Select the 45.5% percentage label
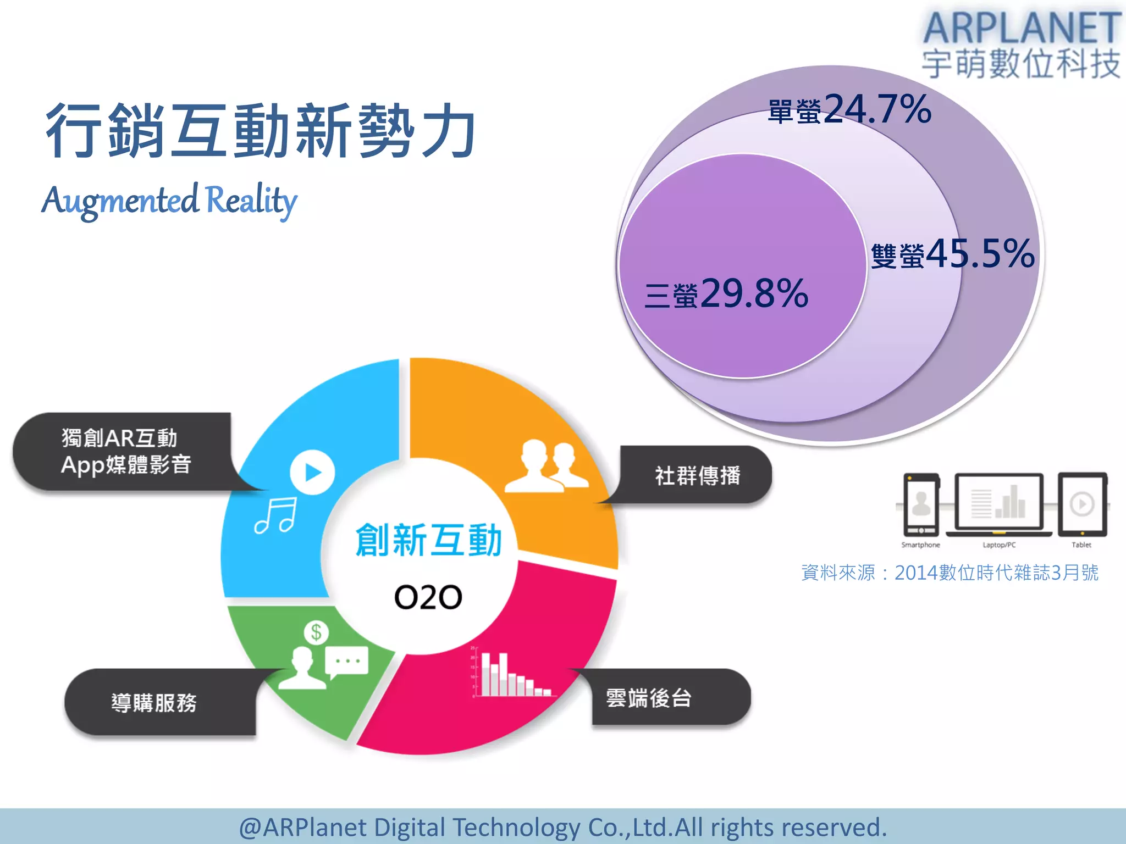click(x=980, y=254)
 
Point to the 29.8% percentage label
click(x=754, y=293)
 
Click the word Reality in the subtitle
click(x=251, y=200)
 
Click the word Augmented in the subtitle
click(x=120, y=201)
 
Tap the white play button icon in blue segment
click(x=312, y=472)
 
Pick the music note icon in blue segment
click(x=276, y=515)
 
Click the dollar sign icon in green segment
click(x=316, y=632)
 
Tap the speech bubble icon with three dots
click(x=346, y=662)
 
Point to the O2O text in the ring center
click(x=428, y=597)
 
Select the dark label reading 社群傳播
click(x=697, y=475)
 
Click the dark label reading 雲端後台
click(x=649, y=698)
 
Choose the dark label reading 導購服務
click(x=154, y=703)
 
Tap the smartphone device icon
click(x=921, y=504)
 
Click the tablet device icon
click(x=1082, y=504)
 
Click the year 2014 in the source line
click(x=915, y=573)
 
